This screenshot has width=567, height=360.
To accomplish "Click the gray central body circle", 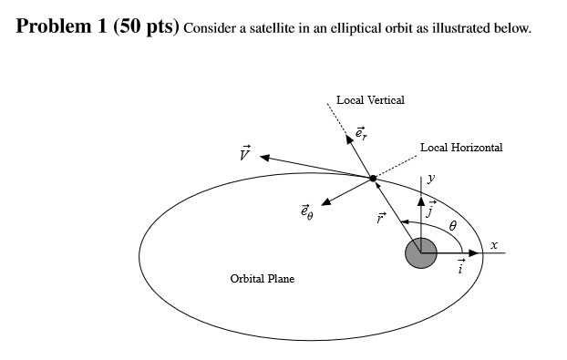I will [421, 252].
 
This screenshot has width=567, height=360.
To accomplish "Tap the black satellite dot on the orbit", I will [373, 178].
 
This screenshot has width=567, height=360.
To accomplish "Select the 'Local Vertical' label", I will [370, 99].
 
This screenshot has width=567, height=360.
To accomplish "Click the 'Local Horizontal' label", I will [461, 147].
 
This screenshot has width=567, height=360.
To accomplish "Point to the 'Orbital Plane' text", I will [263, 278].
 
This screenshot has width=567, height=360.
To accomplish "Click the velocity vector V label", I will [243, 152].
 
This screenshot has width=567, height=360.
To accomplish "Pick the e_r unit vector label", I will [360, 133].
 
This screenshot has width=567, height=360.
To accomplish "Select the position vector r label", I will [383, 219].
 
